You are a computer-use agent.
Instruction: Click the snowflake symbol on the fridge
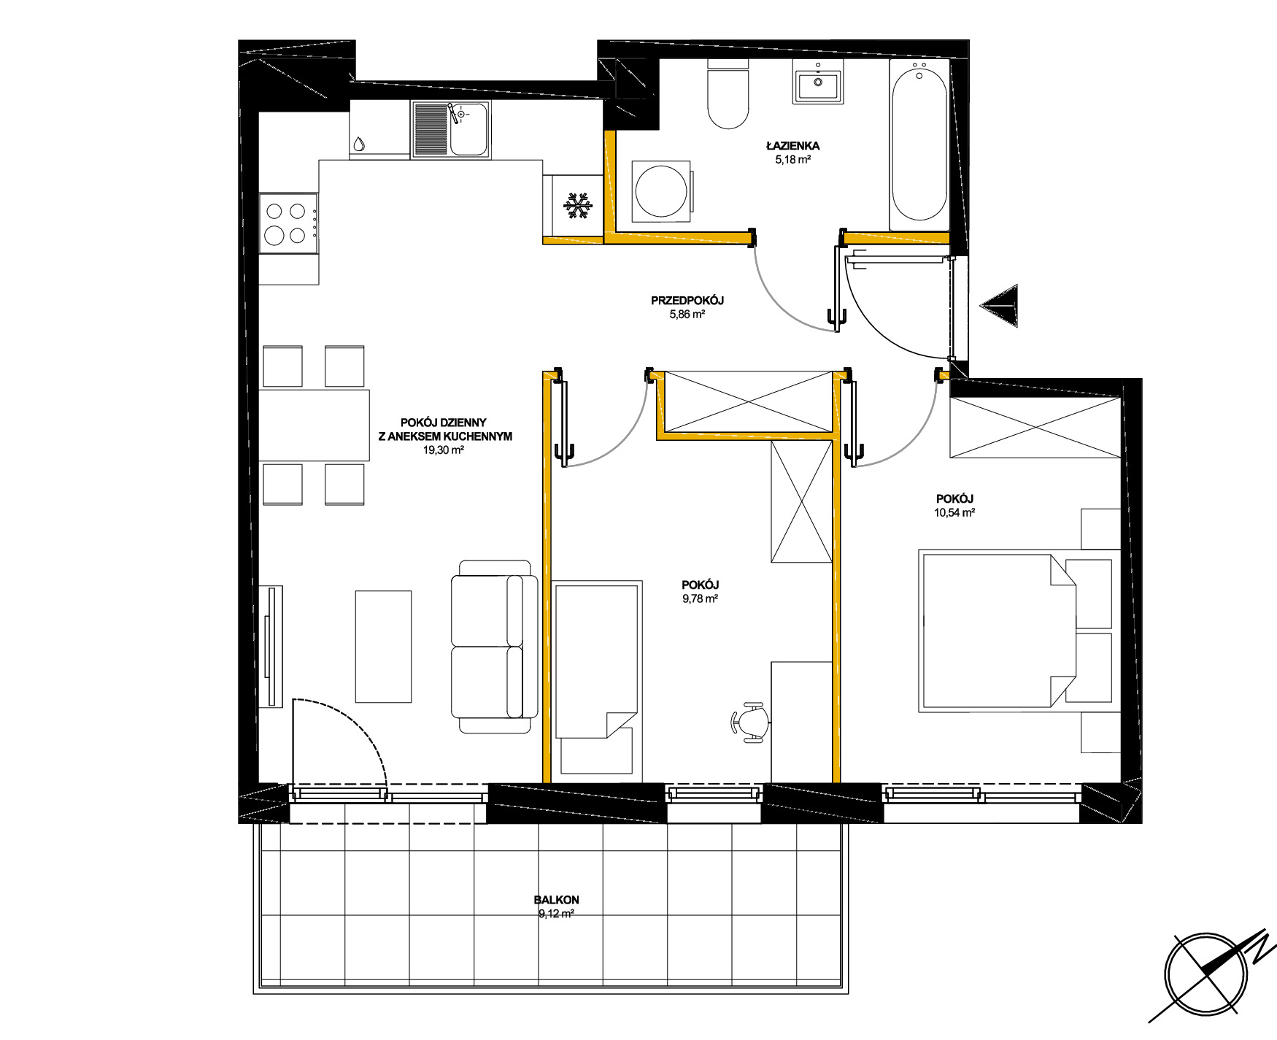coord(578,206)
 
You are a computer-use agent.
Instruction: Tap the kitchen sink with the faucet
coord(450,129)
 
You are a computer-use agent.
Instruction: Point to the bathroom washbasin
coord(817,82)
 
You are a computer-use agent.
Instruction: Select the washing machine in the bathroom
coord(662,191)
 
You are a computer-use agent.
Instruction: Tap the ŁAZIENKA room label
coord(792,146)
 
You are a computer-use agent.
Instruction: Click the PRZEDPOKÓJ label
coord(687,301)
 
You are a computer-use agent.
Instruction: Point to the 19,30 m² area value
coord(444,450)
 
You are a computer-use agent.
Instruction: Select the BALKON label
coord(556,900)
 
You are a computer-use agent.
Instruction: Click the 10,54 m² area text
coord(954,512)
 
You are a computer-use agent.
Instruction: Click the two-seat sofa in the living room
coord(494,647)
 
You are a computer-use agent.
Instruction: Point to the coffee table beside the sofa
coord(383,647)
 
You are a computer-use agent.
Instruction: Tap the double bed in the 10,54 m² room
coord(1015,632)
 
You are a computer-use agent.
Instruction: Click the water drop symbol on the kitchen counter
coord(358,144)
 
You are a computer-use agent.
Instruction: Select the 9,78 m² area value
coord(700,598)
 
